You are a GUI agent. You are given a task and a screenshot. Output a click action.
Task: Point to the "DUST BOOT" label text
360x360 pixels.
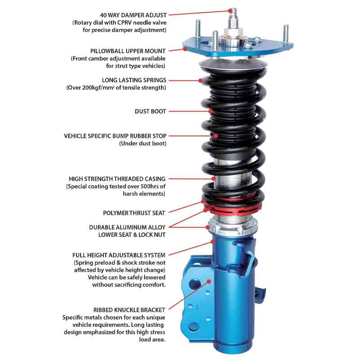tap(150, 111)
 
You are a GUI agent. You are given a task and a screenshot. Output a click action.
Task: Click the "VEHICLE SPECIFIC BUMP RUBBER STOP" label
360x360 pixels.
tap(115, 135)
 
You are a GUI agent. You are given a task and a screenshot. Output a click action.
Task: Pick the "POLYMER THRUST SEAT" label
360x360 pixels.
tap(134, 212)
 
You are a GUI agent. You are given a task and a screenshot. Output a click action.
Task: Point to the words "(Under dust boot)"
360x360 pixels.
tap(143, 144)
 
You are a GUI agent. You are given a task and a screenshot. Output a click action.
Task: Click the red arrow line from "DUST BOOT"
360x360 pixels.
tap(189, 111)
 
